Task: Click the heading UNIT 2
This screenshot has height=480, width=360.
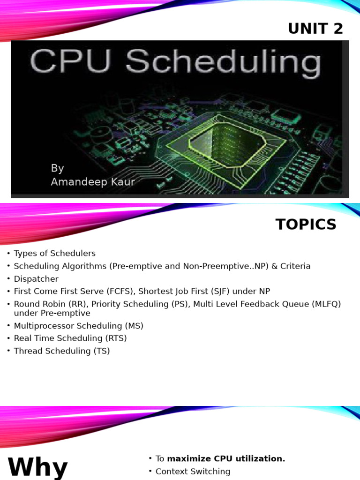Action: pos(315,29)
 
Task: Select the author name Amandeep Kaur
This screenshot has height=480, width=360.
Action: pos(93,182)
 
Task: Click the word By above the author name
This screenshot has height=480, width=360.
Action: pos(57,168)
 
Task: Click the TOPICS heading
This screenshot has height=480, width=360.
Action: pos(306,225)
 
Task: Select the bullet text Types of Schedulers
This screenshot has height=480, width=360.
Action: pos(54,254)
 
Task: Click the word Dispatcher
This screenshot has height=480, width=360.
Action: pos(36,279)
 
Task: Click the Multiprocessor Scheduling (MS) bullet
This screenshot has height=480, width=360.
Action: pos(78,326)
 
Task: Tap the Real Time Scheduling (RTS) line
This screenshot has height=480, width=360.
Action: pos(70,338)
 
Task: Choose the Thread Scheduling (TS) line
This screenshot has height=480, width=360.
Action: pos(62,351)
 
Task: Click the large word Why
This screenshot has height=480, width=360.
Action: pos(37,468)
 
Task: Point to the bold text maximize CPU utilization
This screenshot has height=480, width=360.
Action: pos(226,459)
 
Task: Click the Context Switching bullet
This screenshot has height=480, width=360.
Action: pos(193,472)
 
